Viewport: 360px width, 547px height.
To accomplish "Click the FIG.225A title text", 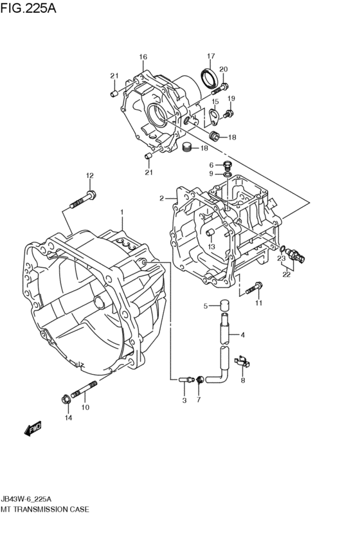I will click(30, 9).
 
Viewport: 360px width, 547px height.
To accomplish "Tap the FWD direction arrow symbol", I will click(32, 427).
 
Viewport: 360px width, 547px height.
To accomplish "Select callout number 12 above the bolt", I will click(90, 175).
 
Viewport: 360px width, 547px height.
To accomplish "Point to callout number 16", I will click(143, 57).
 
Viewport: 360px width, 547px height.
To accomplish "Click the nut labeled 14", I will click(65, 400).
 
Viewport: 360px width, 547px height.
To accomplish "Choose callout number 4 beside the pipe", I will click(242, 334).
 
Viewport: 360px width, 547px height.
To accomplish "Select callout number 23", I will click(281, 259).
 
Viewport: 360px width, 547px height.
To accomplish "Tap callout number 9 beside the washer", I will click(211, 174).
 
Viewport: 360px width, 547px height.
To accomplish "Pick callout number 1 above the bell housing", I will click(121, 211).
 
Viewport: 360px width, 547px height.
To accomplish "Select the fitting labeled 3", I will click(185, 380).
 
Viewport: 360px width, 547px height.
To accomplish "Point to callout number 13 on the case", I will click(211, 246).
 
